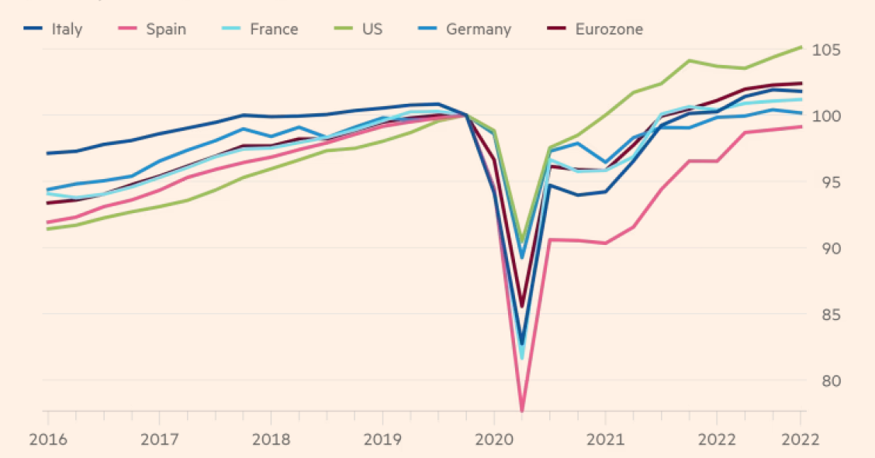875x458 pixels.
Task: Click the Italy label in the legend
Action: pyautogui.click(x=67, y=29)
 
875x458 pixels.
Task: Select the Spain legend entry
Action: pyautogui.click(x=166, y=29)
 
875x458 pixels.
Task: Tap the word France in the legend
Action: pyautogui.click(x=273, y=29)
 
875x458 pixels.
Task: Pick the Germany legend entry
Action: pyautogui.click(x=478, y=29)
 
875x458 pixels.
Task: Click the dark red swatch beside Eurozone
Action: pyautogui.click(x=556, y=29)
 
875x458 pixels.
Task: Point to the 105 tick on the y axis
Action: pyautogui.click(x=827, y=50)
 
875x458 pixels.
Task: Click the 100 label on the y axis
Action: pyautogui.click(x=827, y=116)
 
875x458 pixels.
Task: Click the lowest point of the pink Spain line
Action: pyautogui.click(x=521, y=411)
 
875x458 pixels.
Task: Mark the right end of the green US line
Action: pyautogui.click(x=801, y=47)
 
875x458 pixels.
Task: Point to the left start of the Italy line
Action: pyautogui.click(x=48, y=153)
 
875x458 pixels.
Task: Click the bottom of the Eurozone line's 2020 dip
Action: pyautogui.click(x=521, y=307)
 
